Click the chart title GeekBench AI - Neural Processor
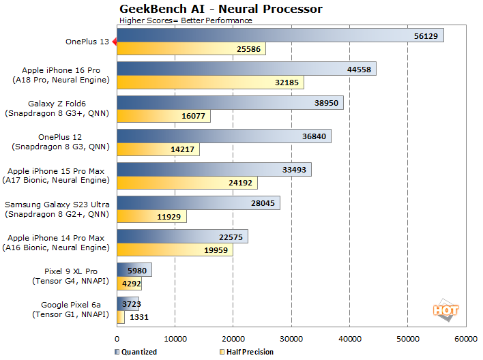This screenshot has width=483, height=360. coord(220,9)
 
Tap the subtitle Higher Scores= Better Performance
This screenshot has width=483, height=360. coord(186,20)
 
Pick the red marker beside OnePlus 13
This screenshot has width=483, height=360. coord(115,42)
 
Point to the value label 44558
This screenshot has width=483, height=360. coord(359,69)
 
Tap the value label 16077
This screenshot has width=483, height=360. coord(193,116)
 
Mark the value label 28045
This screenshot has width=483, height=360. coord(263,202)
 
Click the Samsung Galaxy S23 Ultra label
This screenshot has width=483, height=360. coord(59,209)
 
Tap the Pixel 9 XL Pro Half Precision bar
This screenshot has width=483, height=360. coord(126,283)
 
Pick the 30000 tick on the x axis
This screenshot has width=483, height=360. coord(292,339)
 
